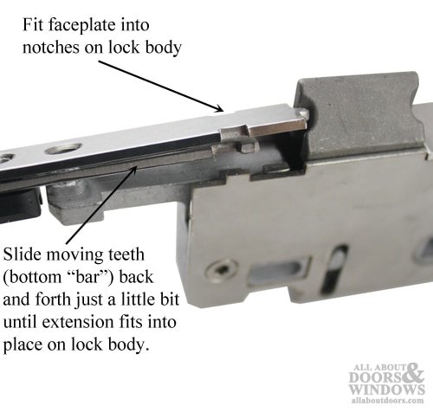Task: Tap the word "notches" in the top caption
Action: click(x=51, y=48)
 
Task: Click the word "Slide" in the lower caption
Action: click(x=23, y=254)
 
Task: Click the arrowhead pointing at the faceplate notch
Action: click(x=220, y=109)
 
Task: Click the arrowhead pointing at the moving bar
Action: click(x=133, y=170)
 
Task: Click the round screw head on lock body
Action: click(x=221, y=270)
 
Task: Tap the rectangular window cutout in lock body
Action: click(x=280, y=271)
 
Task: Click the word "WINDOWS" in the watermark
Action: click(x=387, y=389)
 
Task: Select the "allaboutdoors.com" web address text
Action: click(x=388, y=401)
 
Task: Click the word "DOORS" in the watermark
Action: click(x=376, y=377)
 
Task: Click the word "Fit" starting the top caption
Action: click(x=33, y=25)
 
